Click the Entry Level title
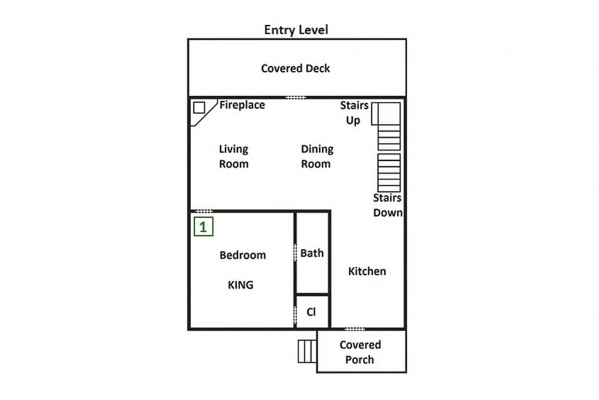(296, 30)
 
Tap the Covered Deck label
(295, 68)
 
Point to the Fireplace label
(242, 105)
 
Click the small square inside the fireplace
(199, 108)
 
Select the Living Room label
(234, 157)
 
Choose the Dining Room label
(317, 157)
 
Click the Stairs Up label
(354, 113)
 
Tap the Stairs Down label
(388, 205)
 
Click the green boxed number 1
(203, 227)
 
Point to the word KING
(241, 285)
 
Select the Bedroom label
(243, 255)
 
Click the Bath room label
(311, 253)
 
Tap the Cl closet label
(311, 312)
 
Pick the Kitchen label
(367, 271)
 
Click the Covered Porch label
(360, 352)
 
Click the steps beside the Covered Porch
(307, 351)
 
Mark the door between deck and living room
(296, 98)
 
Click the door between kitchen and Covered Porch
(355, 329)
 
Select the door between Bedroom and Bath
(295, 252)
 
